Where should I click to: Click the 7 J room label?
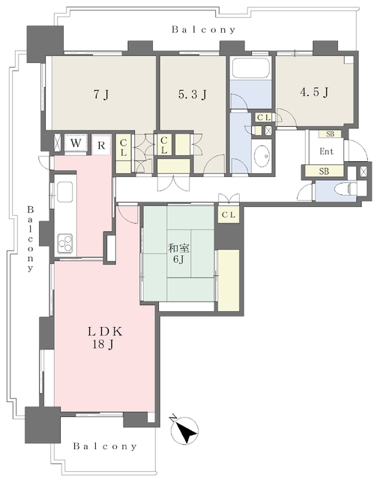coord(101,95)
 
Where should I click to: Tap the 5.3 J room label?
coord(193,94)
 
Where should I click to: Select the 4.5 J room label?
coord(314,91)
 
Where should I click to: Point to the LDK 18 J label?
coord(105,338)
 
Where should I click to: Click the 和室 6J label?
coord(178,253)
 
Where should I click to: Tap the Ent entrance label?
coord(327,151)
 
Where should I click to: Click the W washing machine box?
coord(76,143)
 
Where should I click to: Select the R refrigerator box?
coord(101,145)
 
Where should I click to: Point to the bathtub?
coord(250,68)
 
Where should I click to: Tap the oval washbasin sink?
coord(262,156)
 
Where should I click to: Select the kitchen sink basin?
coord(65,192)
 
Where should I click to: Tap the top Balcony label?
coord(204,30)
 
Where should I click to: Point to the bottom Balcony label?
coord(105,446)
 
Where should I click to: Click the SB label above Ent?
coord(330,134)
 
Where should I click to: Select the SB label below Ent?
coord(324,172)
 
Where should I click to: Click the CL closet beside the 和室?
coord(229,215)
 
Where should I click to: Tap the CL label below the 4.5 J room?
coord(264,118)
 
